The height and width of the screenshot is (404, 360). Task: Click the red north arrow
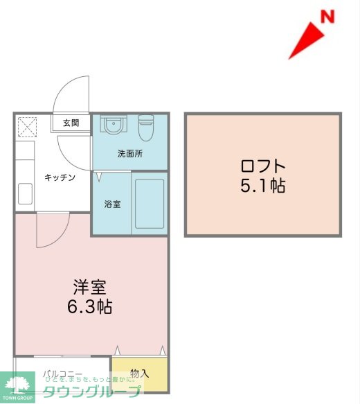coord(305,42)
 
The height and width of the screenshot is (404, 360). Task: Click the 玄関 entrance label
coord(71,123)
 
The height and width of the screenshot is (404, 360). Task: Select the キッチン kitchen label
coord(60,177)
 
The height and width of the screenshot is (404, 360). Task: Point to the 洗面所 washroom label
coord(129,154)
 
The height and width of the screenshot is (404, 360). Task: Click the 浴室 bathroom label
coord(113,205)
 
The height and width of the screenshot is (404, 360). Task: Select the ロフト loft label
coord(262,166)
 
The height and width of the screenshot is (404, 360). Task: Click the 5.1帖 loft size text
coord(262,186)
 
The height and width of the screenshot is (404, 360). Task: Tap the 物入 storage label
coord(139,374)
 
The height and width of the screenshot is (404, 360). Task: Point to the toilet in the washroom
coord(146,127)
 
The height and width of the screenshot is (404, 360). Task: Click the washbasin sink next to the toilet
coord(112,125)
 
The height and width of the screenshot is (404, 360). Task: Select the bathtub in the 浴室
coord(148,204)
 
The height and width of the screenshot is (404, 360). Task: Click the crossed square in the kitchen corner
coord(29,128)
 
